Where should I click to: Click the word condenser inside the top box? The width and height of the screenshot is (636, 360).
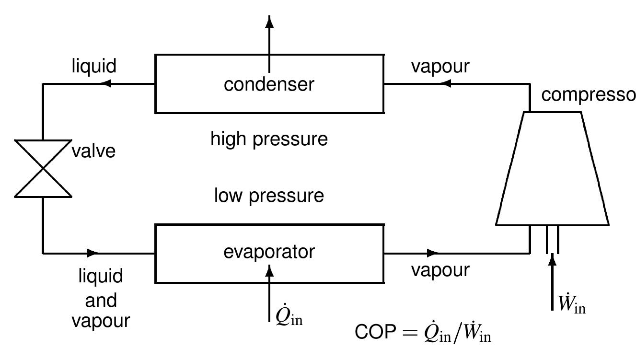click(x=269, y=84)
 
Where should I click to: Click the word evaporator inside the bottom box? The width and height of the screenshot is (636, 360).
click(x=269, y=252)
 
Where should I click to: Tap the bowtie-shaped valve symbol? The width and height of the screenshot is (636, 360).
click(x=43, y=168)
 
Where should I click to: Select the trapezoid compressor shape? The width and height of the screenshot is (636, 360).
click(x=552, y=168)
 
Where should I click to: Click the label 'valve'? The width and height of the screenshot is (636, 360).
click(x=94, y=151)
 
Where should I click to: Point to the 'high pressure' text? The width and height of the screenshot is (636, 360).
click(x=269, y=139)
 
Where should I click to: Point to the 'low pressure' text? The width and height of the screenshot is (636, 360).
click(x=269, y=196)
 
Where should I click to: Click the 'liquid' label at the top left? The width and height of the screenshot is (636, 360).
click(x=94, y=66)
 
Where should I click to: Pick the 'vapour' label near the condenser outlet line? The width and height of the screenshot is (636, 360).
click(x=440, y=67)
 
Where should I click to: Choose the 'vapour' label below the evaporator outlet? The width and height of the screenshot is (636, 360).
click(x=440, y=270)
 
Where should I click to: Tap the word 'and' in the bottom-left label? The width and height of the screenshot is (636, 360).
click(x=101, y=301)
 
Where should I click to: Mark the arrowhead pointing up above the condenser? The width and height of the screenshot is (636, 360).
click(x=269, y=22)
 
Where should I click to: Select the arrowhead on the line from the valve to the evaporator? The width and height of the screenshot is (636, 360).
click(x=93, y=252)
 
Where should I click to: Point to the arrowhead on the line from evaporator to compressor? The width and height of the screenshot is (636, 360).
click(x=433, y=252)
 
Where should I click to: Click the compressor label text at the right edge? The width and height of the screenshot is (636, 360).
click(x=588, y=95)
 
